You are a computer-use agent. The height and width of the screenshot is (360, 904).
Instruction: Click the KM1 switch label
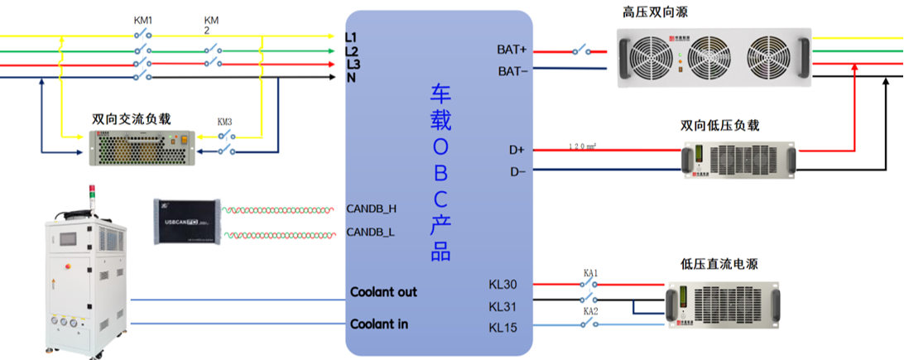(143, 19)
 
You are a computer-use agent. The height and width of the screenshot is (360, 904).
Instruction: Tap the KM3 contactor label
(224, 122)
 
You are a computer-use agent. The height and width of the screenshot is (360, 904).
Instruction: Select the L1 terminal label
(351, 37)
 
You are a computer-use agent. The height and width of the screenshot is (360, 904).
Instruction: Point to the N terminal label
(351, 78)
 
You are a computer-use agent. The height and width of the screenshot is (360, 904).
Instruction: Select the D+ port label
(517, 150)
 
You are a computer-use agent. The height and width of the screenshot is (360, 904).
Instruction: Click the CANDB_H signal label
(371, 209)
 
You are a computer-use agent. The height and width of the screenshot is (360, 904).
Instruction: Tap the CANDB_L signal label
(370, 232)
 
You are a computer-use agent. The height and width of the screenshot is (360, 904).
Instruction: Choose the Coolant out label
(383, 292)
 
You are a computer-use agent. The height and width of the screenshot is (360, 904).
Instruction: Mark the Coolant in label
(379, 324)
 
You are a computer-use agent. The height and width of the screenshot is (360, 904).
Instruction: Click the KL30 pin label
(502, 286)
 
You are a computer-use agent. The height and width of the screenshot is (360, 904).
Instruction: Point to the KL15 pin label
(502, 328)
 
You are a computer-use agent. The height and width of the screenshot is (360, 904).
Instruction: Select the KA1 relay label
(589, 272)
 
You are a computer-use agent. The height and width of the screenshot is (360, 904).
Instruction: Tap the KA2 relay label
(589, 311)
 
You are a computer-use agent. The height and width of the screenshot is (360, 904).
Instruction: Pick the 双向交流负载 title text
(132, 118)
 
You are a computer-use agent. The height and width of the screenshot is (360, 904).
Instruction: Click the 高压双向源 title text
(655, 12)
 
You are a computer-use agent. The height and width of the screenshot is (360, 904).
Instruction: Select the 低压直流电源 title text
(719, 264)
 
